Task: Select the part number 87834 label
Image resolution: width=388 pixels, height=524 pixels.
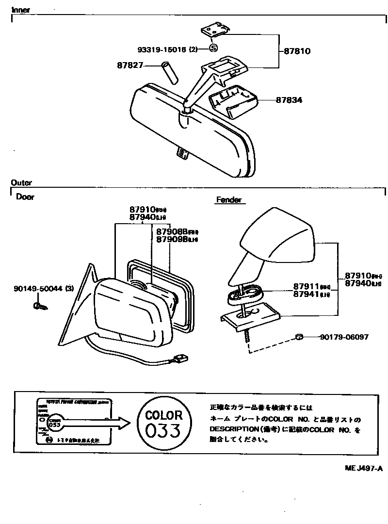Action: [289, 100]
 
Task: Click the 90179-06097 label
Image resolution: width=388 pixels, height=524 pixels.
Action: [343, 337]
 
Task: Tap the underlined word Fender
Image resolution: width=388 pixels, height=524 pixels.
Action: [228, 200]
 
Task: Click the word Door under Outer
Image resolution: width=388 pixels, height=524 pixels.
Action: [25, 197]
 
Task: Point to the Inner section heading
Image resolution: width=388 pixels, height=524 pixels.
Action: [20, 10]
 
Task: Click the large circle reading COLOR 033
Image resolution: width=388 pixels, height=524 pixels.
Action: [164, 423]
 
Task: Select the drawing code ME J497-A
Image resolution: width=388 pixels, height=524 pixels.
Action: [364, 468]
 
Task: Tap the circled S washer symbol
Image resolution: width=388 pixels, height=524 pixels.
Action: [214, 48]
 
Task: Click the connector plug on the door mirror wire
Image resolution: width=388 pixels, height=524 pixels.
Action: [182, 359]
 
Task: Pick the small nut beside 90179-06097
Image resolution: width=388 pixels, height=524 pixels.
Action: [299, 337]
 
